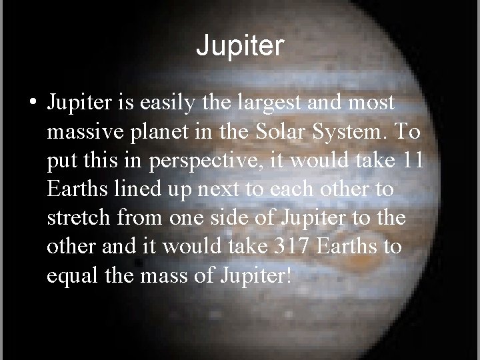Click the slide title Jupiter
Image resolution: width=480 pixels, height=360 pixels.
point(240,46)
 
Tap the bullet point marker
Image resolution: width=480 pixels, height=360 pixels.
point(32,105)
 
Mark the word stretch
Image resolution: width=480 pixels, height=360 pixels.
point(80,218)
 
